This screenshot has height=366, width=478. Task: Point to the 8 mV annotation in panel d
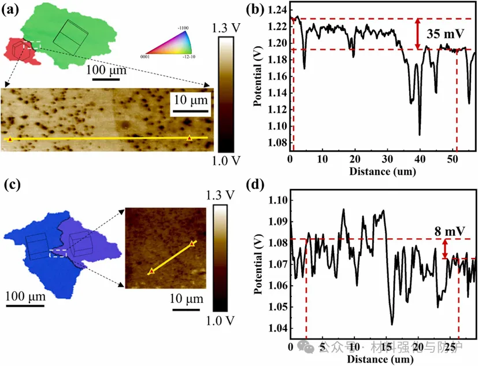point(450,231)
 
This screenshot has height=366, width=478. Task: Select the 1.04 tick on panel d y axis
point(277,329)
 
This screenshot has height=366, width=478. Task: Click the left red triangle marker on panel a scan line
point(10,139)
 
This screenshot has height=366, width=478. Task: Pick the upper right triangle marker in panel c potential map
point(192,243)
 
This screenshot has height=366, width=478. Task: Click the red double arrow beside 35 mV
point(417,34)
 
